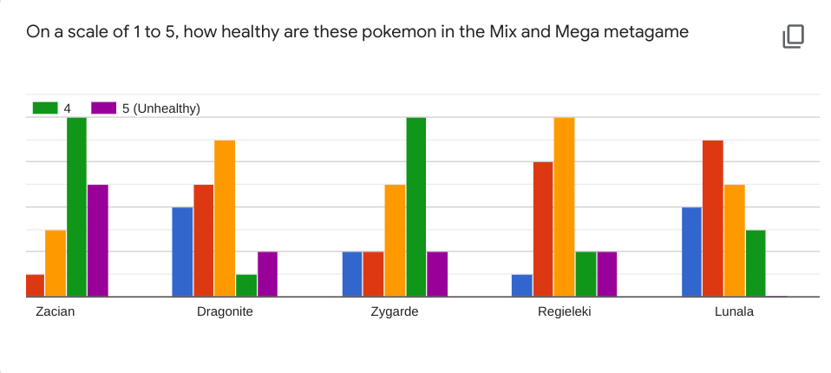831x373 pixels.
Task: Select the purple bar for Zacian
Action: pos(98,240)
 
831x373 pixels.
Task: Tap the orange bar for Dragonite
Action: pos(225,218)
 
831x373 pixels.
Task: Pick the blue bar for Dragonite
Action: pos(182,252)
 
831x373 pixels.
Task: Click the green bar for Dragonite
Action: pos(246,285)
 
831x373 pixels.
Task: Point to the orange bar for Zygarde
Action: pos(395,240)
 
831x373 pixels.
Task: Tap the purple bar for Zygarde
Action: pos(437,274)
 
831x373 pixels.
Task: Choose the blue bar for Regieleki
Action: pos(522,285)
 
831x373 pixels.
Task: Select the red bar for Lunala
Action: pos(713,218)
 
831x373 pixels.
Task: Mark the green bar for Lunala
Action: pos(756,263)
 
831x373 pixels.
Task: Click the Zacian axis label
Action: pos(56,311)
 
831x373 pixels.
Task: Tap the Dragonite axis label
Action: pos(225,311)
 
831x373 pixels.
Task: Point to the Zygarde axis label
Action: pos(395,311)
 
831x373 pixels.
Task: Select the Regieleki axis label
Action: pos(565,311)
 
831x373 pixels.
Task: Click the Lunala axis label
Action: pos(734,311)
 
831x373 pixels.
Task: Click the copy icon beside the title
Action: pos(794,36)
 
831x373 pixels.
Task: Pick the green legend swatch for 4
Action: pos(45,108)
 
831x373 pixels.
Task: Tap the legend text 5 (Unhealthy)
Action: pos(160,108)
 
